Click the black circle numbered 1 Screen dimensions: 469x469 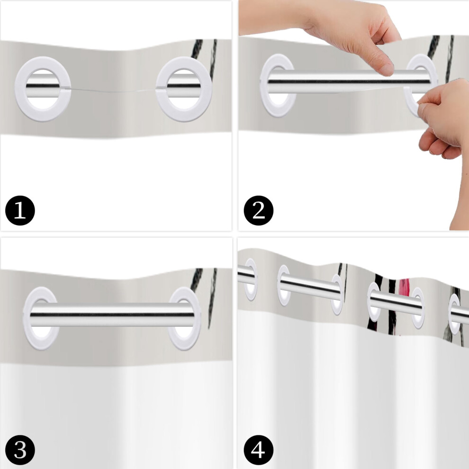tap(20, 210)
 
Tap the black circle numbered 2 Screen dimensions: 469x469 tap(259, 210)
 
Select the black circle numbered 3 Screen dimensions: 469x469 tap(20, 451)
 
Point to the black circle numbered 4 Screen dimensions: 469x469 tap(259, 451)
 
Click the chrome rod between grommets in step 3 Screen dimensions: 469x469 tap(112, 314)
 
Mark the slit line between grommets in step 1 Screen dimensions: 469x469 tap(113, 90)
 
